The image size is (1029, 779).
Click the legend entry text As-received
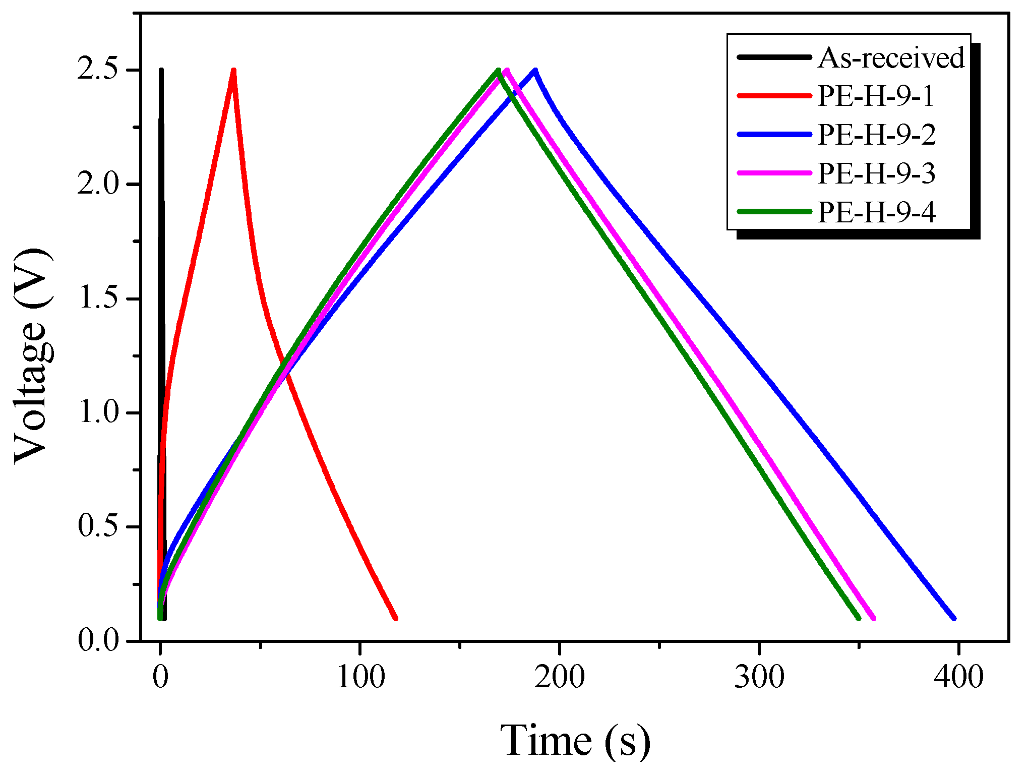[891, 57]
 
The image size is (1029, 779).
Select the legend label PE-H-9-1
[876, 96]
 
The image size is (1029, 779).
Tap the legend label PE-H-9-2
[876, 135]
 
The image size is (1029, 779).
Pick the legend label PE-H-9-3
[876, 173]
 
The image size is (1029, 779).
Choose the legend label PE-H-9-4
[876, 212]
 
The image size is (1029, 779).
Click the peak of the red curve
[233, 71]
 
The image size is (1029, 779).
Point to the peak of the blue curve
[535, 71]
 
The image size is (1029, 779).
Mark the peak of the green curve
[498, 71]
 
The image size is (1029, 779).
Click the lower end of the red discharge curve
[395, 618]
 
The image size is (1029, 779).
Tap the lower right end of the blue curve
[954, 618]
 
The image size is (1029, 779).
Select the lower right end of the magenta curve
[873, 618]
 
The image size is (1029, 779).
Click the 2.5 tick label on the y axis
[98, 70]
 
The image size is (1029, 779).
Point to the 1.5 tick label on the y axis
[98, 298]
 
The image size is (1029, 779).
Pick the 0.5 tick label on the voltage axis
[98, 526]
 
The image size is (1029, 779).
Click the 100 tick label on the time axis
[360, 677]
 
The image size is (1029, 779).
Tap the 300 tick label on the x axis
[759, 677]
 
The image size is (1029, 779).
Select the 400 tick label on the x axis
[958, 677]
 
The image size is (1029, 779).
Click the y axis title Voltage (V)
[33, 355]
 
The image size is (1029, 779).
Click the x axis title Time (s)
[575, 740]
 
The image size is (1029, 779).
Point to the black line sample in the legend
[774, 57]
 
